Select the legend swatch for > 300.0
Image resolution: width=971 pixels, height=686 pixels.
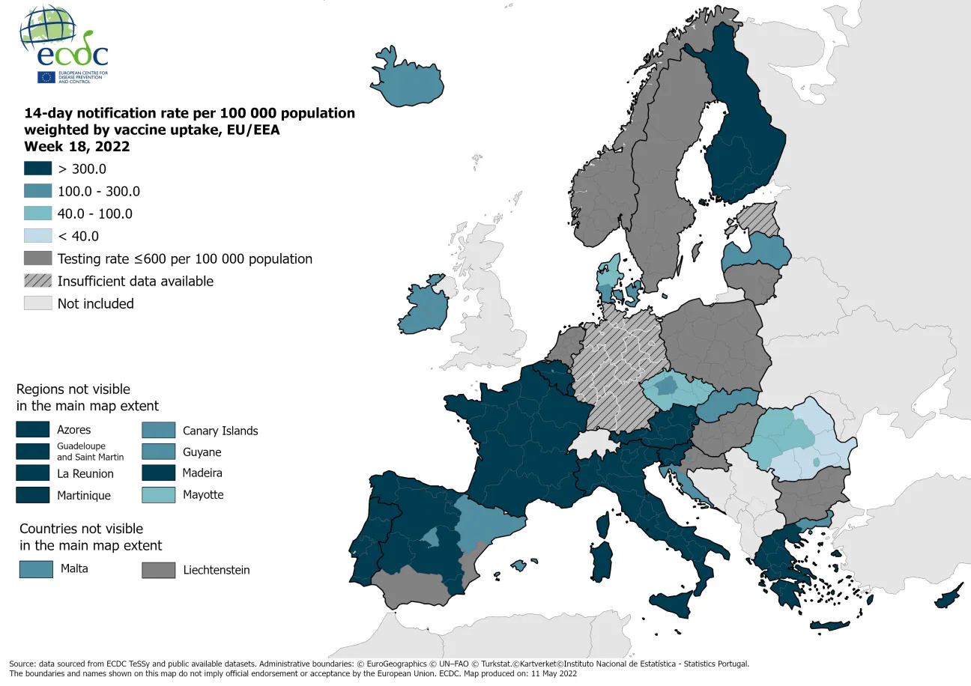tap(38, 169)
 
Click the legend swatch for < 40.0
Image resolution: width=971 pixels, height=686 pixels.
tap(38, 236)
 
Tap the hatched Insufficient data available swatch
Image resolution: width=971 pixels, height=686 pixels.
tap(38, 281)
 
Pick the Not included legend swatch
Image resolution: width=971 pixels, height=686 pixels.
tap(38, 303)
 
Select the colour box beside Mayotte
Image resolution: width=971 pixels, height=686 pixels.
tap(160, 495)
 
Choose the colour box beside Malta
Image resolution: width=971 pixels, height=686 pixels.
tap(36, 569)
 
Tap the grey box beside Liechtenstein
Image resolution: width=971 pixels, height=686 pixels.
tap(158, 570)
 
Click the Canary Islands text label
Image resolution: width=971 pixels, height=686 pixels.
tap(220, 431)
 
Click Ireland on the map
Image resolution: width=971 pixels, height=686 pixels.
tap(426, 306)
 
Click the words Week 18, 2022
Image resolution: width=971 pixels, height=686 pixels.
tap(76, 146)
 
